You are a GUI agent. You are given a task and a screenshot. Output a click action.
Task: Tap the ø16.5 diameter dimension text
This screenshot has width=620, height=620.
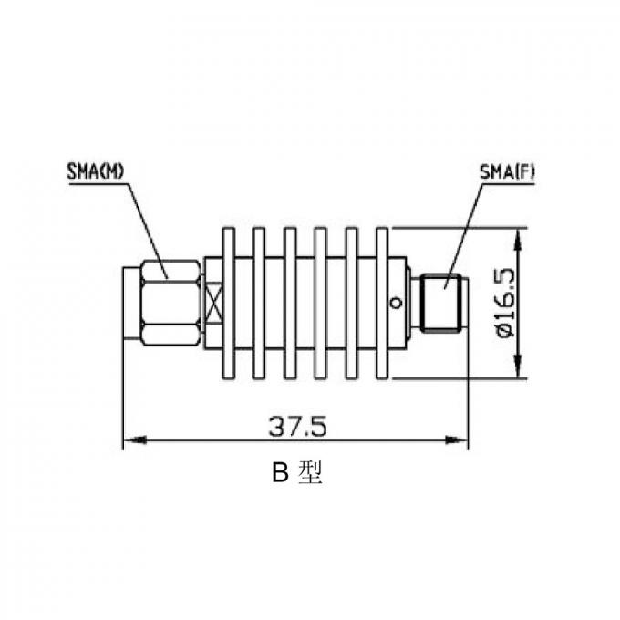(x=505, y=304)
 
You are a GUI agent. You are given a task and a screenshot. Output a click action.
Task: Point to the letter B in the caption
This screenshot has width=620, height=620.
(x=281, y=474)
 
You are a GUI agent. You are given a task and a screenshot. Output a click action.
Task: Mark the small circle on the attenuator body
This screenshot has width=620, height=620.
(x=396, y=303)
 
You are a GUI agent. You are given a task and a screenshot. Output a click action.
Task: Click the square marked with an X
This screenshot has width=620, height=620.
(x=214, y=303)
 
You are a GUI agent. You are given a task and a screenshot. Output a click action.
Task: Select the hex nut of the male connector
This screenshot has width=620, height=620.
(x=170, y=303)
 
